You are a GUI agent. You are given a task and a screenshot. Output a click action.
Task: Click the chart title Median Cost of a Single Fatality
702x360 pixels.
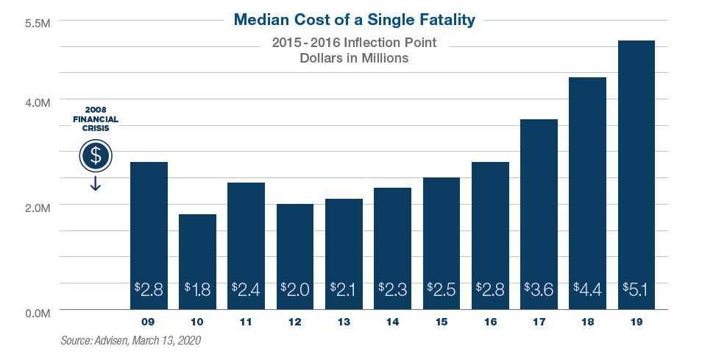tap(354, 20)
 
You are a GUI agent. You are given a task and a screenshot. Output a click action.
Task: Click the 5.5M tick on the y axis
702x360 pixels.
tap(37, 23)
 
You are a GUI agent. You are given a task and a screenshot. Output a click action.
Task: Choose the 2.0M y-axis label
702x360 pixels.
tap(37, 208)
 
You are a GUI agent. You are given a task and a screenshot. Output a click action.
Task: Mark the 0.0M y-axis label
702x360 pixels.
tap(37, 313)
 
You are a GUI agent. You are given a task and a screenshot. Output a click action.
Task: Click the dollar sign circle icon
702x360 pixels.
tap(95, 156)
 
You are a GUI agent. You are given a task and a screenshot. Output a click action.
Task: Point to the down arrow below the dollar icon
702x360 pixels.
tap(95, 183)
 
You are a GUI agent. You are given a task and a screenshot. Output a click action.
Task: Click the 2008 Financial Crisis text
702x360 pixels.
tap(95, 119)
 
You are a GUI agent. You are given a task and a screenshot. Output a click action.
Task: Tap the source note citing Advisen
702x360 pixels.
tap(130, 341)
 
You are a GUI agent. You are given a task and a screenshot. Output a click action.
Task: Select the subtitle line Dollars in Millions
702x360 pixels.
tap(354, 59)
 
